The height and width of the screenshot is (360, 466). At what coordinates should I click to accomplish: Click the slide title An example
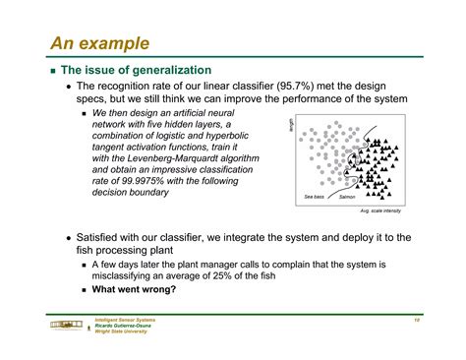pyautogui.click(x=101, y=43)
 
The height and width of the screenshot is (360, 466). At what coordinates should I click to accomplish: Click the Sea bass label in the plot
pyautogui.click(x=314, y=197)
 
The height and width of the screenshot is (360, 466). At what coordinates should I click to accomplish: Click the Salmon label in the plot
pyautogui.click(x=347, y=197)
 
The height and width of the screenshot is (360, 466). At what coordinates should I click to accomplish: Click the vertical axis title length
pyautogui.click(x=292, y=124)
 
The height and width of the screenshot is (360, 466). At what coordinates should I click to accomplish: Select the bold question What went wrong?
pyautogui.click(x=134, y=289)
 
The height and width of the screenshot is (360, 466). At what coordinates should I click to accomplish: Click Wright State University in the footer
pyautogui.click(x=122, y=331)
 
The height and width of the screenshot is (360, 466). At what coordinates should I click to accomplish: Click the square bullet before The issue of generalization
pyautogui.click(x=50, y=71)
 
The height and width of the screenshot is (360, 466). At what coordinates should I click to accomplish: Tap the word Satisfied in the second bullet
pyautogui.click(x=101, y=238)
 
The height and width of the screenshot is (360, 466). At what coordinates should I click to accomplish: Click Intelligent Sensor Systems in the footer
pyautogui.click(x=125, y=320)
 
